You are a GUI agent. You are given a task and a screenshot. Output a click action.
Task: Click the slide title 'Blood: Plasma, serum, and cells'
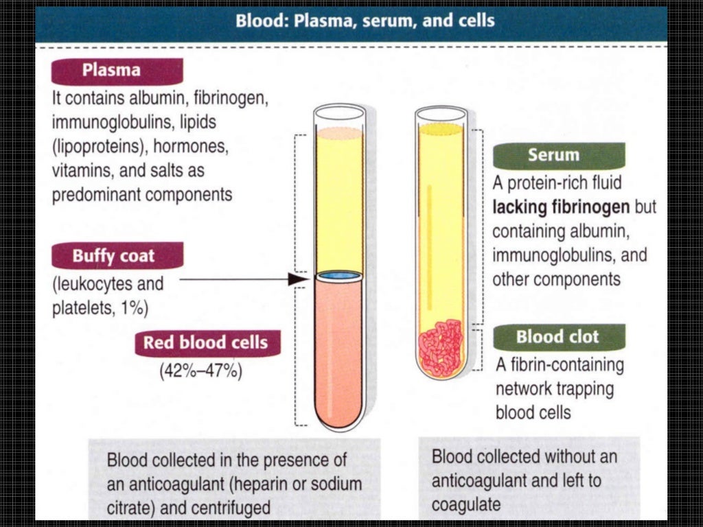point(365,21)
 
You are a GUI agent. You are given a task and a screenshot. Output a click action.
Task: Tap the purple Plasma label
point(112,71)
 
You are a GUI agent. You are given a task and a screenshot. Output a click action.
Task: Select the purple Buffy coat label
point(115,257)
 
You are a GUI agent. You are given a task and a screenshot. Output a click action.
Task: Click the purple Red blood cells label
point(205,342)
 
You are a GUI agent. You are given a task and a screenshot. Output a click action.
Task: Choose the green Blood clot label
point(557,337)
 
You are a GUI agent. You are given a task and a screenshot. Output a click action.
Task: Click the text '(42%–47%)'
point(200,372)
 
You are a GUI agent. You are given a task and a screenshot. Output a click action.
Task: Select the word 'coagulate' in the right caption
point(465,504)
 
